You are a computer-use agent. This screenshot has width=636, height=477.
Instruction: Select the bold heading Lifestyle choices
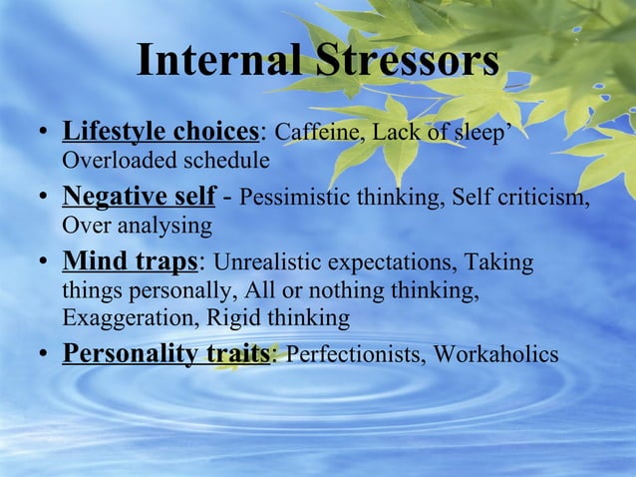pos(159,132)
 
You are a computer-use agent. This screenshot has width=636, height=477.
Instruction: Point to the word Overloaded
pos(113,160)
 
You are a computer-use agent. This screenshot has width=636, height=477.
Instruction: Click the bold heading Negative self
pos(138,197)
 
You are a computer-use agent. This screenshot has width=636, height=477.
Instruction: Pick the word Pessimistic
pos(296,198)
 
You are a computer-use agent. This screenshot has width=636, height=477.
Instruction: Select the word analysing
pos(162,226)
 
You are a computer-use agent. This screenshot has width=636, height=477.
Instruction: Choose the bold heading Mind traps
pos(131,262)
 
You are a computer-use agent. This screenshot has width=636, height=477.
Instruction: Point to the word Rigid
pos(237,318)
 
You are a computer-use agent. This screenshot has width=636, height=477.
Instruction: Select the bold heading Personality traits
pos(165,354)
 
